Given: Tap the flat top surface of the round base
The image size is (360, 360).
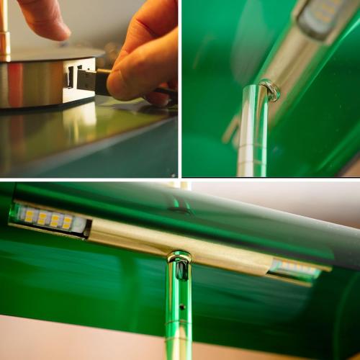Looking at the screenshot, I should [x=43, y=55].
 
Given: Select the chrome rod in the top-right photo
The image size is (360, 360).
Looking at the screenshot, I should [x=252, y=137].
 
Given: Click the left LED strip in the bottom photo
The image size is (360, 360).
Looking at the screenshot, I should [x=49, y=219].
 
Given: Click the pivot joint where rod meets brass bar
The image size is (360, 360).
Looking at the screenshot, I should [x=180, y=263].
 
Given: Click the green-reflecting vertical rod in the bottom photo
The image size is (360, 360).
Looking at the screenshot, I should [x=179, y=324].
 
